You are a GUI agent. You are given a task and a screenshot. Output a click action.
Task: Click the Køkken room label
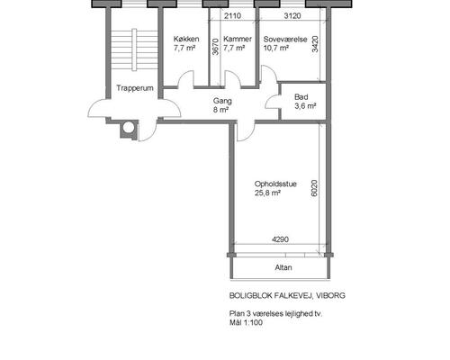coord(186,39)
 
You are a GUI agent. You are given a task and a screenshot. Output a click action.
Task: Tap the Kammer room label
coord(238,39)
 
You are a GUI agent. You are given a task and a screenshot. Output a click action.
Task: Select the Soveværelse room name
coord(285,40)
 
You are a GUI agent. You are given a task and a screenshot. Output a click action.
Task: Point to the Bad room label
coord(301,97)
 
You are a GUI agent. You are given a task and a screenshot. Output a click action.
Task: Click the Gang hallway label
coord(222,101)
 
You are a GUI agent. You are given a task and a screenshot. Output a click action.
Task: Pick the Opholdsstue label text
coord(275,184)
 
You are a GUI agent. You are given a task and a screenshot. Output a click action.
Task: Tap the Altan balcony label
coord(283,267)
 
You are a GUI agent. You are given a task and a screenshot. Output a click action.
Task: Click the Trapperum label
coord(135,88)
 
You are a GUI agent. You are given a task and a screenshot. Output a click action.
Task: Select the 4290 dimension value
coord(280,239)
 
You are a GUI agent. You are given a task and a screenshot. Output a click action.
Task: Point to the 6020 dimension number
coord(314,188)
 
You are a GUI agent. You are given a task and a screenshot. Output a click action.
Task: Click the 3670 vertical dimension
coord(215,46)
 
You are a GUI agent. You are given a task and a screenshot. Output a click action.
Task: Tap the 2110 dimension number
coord(232,15)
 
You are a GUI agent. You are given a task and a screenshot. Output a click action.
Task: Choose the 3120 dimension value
coord(292,15)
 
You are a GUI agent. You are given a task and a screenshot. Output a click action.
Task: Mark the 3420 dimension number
coord(315,44)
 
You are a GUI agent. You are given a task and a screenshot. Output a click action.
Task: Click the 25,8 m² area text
coord(267,193)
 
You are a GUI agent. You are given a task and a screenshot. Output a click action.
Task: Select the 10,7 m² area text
coord(276,48)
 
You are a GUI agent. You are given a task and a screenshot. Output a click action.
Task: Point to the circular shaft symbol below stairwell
coord(129,128)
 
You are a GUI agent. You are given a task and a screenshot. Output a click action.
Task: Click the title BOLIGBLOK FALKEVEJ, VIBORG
coord(287,295)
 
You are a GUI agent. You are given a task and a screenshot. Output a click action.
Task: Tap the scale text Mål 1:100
coord(246,323)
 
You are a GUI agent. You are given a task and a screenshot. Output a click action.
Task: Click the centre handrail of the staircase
coord(134,49)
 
